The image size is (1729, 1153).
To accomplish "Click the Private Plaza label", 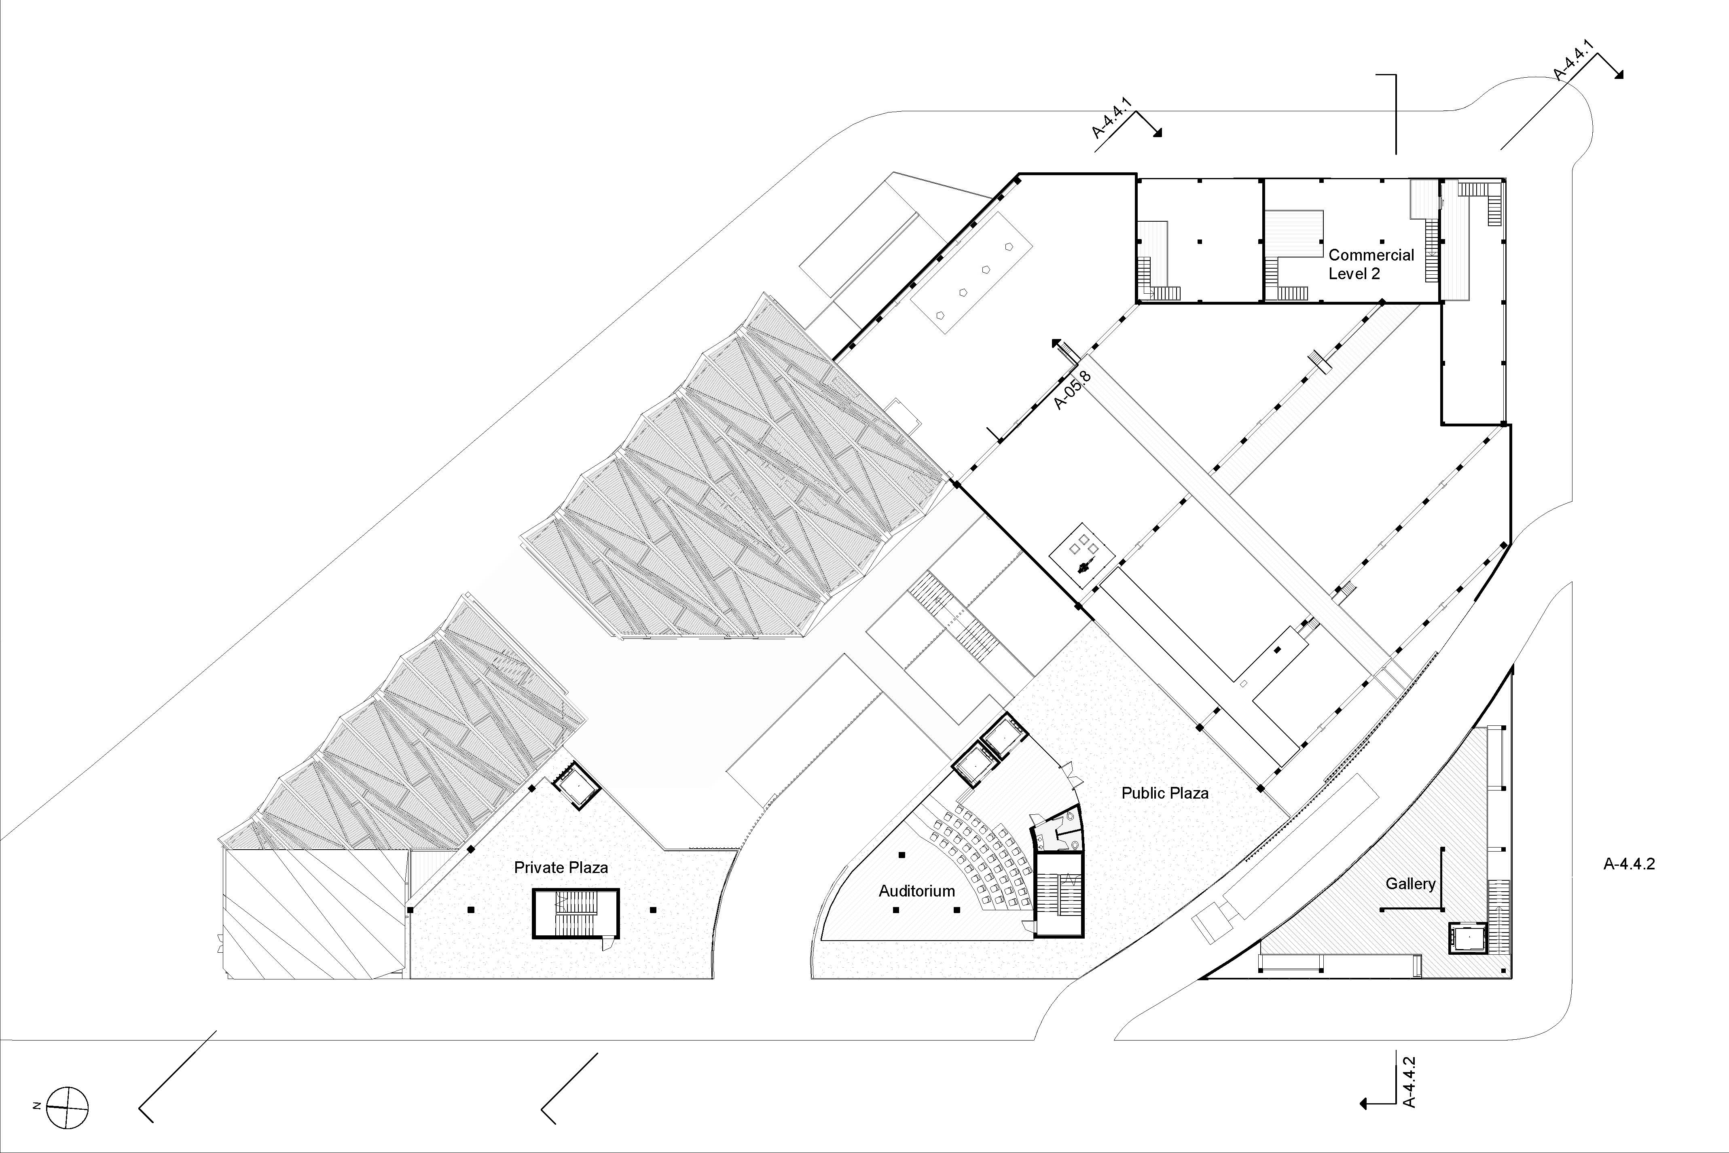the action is (561, 868).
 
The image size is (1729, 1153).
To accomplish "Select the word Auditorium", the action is (917, 891).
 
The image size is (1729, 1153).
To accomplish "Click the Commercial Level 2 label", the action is (1371, 264).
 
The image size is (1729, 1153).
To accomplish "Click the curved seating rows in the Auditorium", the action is (981, 859).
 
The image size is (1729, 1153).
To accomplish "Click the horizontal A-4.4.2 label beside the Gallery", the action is (1629, 864).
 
